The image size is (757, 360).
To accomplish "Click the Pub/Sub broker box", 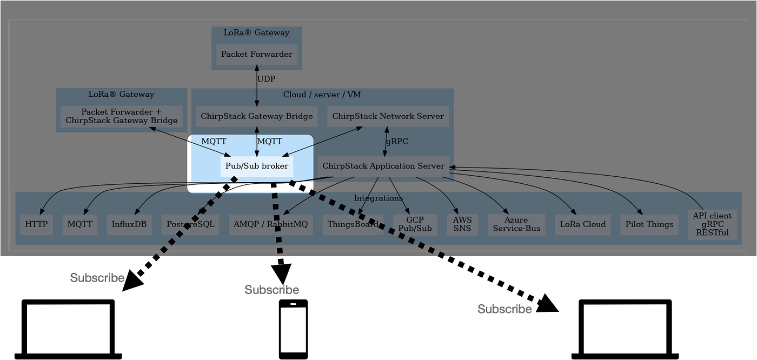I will click(x=257, y=166).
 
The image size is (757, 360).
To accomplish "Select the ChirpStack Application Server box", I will click(x=383, y=166).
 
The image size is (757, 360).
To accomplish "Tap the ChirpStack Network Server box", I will click(x=388, y=116).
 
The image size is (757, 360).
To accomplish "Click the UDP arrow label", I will click(x=266, y=79).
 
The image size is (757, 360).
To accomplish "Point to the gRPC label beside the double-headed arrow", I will click(x=397, y=142).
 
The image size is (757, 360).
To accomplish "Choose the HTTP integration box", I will click(x=37, y=224).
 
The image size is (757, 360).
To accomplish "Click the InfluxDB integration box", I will click(x=129, y=224).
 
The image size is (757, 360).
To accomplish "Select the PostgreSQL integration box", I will click(x=190, y=224).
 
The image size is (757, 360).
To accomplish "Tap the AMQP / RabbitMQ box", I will click(x=271, y=224).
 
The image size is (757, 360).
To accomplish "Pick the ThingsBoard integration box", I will click(x=353, y=224).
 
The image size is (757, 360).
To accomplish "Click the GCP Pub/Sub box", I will click(x=415, y=224).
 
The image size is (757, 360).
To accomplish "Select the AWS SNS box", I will click(x=462, y=224).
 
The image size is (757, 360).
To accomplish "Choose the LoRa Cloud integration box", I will click(x=583, y=224).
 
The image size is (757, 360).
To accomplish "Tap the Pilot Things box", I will click(x=649, y=224).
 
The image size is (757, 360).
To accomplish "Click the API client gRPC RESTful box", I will click(x=712, y=224).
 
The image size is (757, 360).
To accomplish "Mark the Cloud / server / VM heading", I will click(x=322, y=95).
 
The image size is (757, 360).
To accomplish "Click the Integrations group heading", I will click(x=378, y=198).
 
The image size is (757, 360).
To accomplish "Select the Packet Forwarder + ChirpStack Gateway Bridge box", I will click(x=122, y=116).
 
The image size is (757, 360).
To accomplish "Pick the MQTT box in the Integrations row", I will click(x=80, y=224).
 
